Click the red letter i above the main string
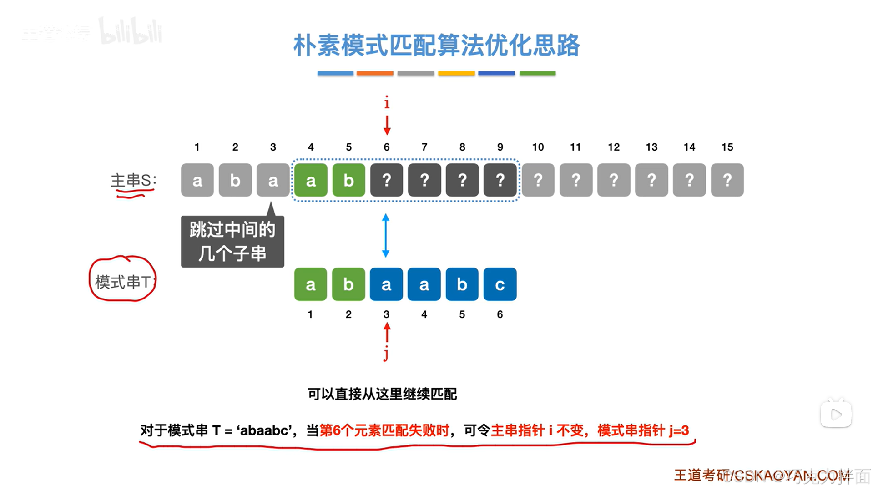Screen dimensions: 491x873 click(x=387, y=103)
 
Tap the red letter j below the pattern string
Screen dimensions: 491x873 click(x=386, y=353)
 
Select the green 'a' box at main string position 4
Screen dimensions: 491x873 click(x=311, y=180)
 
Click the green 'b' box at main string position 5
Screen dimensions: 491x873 click(x=349, y=180)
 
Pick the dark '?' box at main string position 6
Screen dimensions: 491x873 click(x=387, y=180)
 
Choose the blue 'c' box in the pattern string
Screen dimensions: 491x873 click(x=500, y=284)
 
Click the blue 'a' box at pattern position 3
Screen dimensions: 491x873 click(x=386, y=284)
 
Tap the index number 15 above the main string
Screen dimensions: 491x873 click(x=727, y=147)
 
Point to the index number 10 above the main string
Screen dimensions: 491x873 click(x=538, y=147)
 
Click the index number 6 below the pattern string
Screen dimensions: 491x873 click(x=500, y=314)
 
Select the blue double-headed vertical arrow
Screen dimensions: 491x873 click(x=386, y=236)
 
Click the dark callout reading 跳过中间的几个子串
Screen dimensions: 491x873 click(x=232, y=242)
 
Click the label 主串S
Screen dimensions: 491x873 click(x=133, y=181)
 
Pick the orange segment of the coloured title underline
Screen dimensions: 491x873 click(x=375, y=73)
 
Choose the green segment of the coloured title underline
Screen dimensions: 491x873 click(x=537, y=73)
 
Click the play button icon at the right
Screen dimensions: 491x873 click(x=836, y=414)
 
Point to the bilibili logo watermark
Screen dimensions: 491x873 click(x=131, y=32)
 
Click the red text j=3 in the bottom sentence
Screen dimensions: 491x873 click(x=679, y=430)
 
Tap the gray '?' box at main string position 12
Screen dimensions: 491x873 click(x=614, y=180)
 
